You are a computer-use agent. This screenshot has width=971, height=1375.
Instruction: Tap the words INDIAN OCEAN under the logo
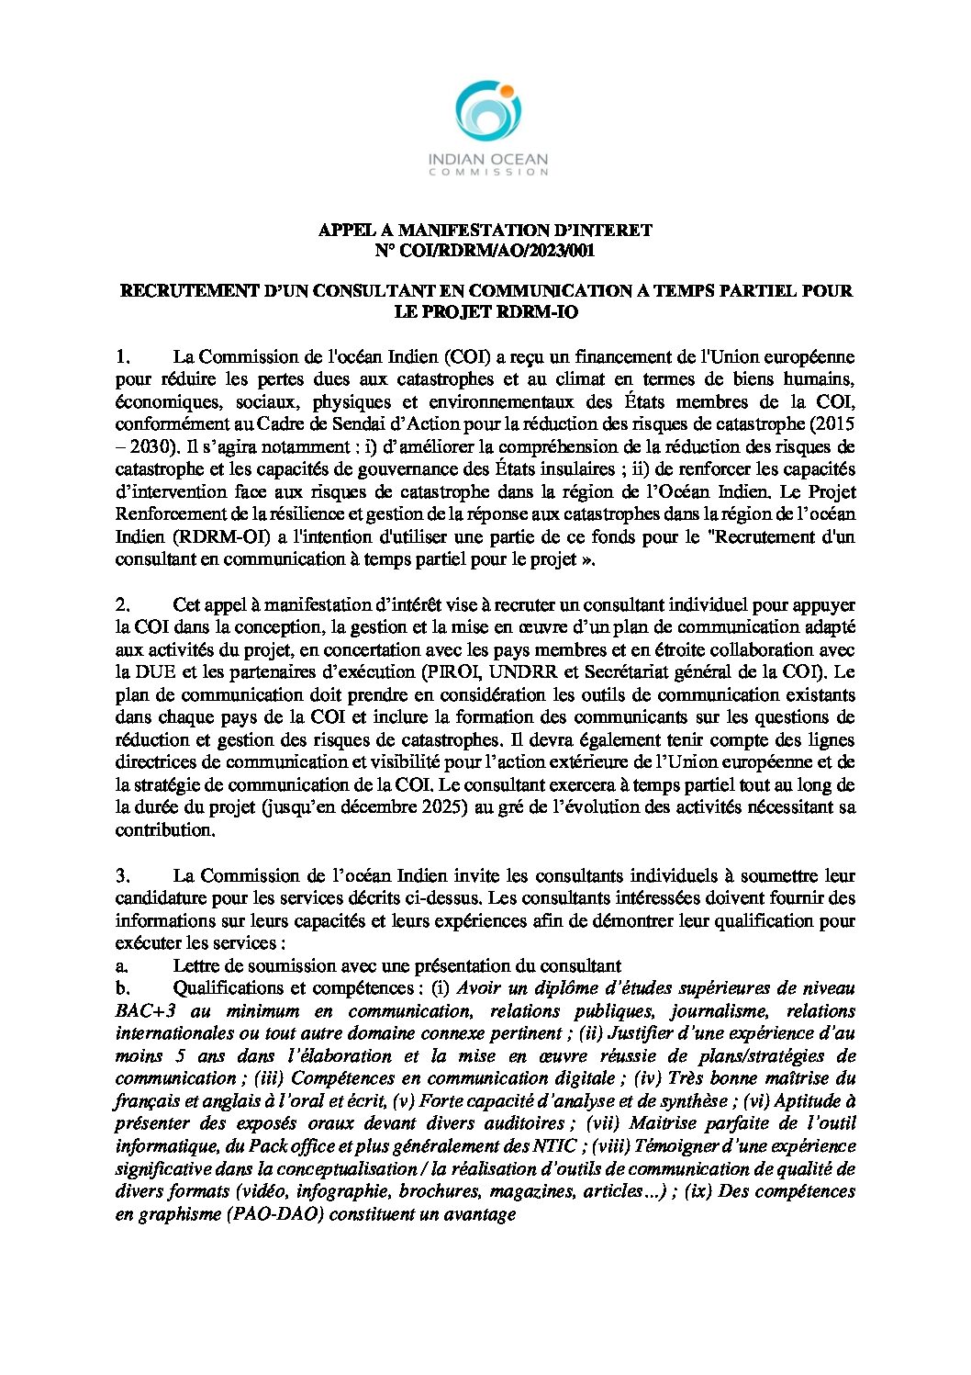pyautogui.click(x=488, y=159)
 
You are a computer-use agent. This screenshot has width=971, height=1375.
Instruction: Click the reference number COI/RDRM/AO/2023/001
pyautogui.click(x=501, y=251)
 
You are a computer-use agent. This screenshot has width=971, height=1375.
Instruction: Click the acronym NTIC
pyautogui.click(x=557, y=1146)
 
